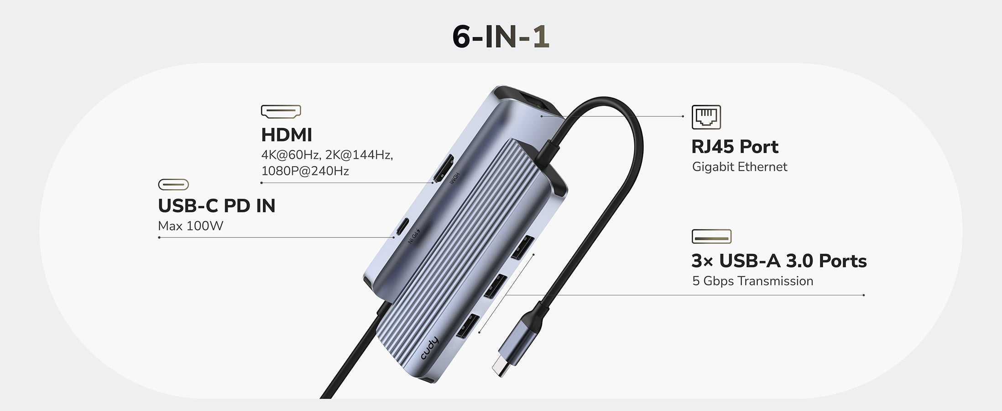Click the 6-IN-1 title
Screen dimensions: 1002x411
pos(501,37)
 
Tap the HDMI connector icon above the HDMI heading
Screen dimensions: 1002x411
pos(281,111)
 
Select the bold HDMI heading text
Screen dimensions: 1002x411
pos(287,135)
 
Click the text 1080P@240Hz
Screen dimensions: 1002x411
pos(305,171)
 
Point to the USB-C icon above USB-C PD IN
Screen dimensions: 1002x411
pos(173,184)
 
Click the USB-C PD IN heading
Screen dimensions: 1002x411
pos(217,206)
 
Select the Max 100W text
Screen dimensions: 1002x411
pos(190,226)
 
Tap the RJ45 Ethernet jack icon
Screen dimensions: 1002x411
pos(706,117)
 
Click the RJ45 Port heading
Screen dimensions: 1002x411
pos(735,147)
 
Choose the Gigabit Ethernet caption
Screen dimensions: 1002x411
pos(740,167)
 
